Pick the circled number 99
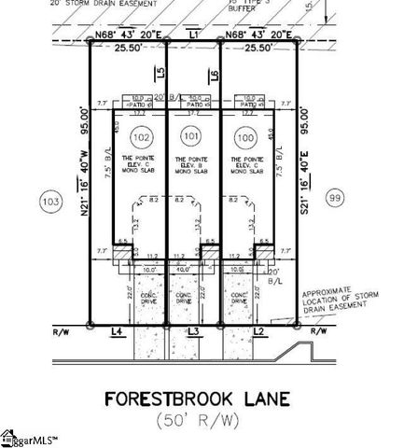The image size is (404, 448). coord(337,197)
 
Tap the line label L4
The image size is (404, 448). coord(117,332)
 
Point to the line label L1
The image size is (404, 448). coord(194,34)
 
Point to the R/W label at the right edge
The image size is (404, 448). coord(319,331)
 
